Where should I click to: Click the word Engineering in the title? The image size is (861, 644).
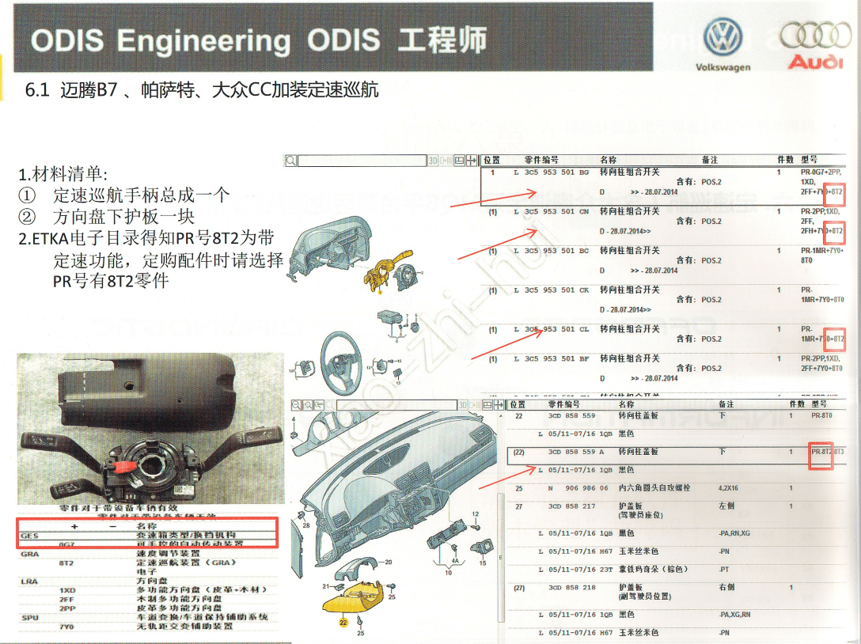pyautogui.click(x=204, y=40)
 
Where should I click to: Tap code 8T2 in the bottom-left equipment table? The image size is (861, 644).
pyautogui.click(x=67, y=563)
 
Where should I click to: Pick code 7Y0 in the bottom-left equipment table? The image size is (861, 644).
pyautogui.click(x=67, y=626)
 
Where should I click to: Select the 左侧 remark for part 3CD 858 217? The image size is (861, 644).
pyautogui.click(x=726, y=506)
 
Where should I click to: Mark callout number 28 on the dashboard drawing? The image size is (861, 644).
pyautogui.click(x=305, y=524)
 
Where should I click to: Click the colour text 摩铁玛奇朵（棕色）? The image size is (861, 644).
pyautogui.click(x=654, y=569)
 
